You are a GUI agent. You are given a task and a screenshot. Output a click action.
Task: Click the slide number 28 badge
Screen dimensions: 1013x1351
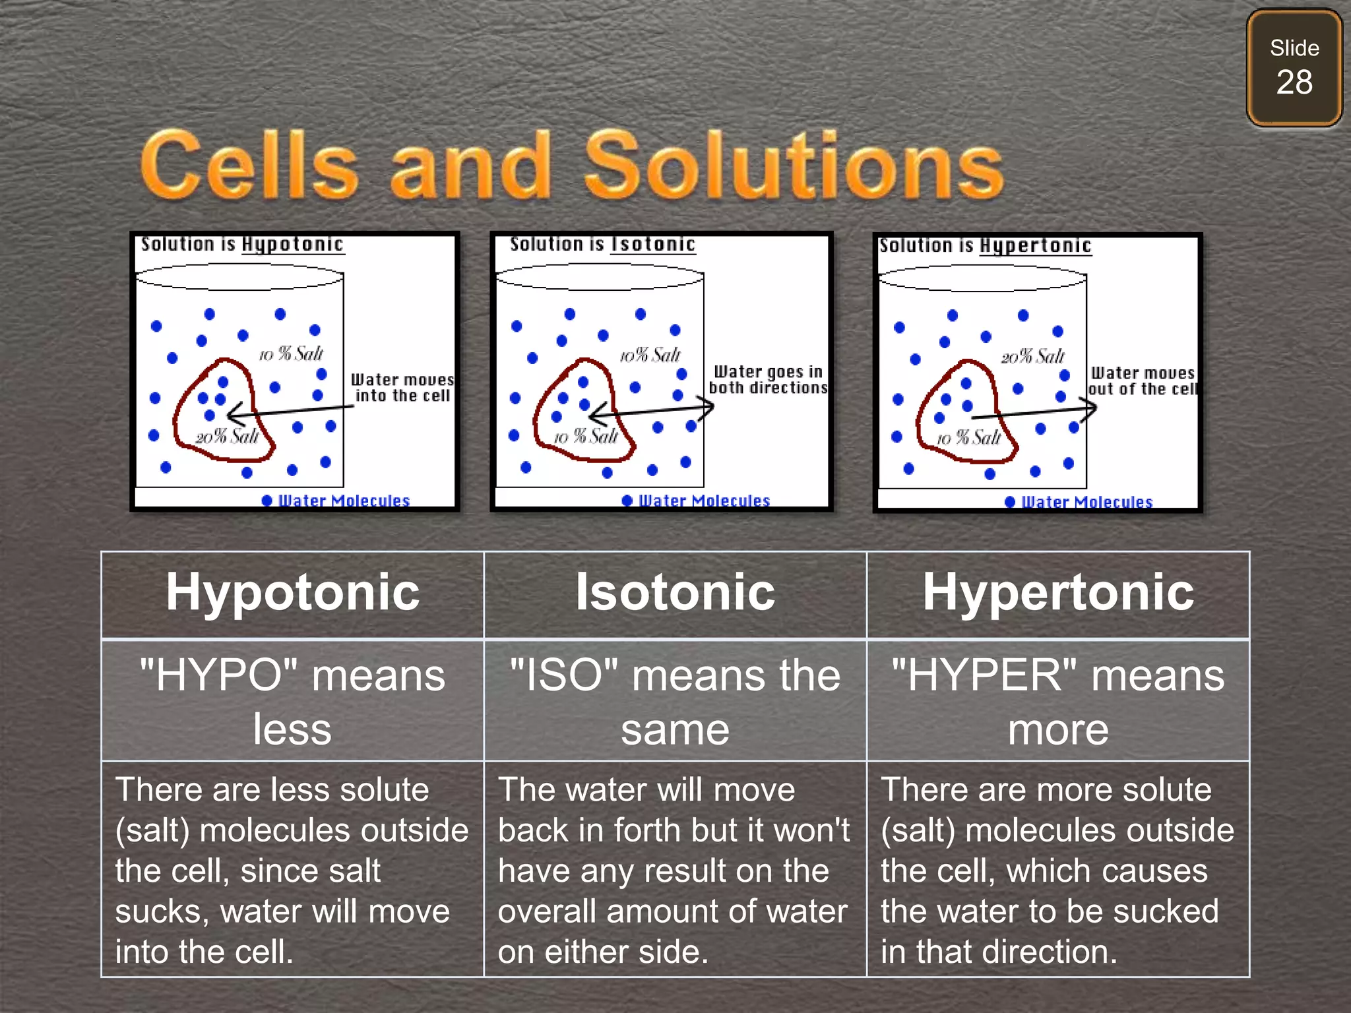click(1294, 68)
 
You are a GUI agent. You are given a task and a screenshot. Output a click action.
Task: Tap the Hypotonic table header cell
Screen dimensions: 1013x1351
click(292, 593)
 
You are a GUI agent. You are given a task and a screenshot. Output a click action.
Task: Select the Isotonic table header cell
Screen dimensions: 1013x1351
click(675, 593)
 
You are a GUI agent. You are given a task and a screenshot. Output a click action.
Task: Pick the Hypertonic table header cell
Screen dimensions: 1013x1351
click(1057, 593)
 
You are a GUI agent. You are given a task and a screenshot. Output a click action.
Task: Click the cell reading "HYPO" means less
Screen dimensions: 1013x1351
click(292, 701)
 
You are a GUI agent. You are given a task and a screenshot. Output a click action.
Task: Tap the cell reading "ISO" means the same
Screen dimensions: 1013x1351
click(675, 701)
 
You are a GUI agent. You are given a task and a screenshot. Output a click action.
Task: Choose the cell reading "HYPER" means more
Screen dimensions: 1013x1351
click(1057, 701)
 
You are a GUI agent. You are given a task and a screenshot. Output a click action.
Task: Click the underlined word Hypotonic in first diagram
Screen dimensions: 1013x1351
click(292, 245)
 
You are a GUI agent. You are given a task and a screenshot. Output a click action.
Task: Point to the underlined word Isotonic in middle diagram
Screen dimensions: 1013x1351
click(653, 245)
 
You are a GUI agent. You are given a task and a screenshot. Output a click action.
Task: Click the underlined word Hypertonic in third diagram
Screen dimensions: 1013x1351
click(1035, 246)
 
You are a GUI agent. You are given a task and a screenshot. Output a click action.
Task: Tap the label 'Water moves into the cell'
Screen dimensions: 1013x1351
click(402, 388)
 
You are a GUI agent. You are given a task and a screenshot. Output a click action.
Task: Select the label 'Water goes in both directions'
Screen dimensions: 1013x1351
click(768, 380)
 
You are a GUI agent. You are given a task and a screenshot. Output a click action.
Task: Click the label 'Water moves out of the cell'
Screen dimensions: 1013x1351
click(1143, 381)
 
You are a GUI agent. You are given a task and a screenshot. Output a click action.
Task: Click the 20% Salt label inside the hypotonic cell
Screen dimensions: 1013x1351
click(227, 437)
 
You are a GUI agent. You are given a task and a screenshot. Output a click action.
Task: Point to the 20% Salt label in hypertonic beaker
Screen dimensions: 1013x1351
click(1032, 357)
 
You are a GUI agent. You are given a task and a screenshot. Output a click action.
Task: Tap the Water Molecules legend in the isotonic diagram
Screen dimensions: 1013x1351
click(703, 501)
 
